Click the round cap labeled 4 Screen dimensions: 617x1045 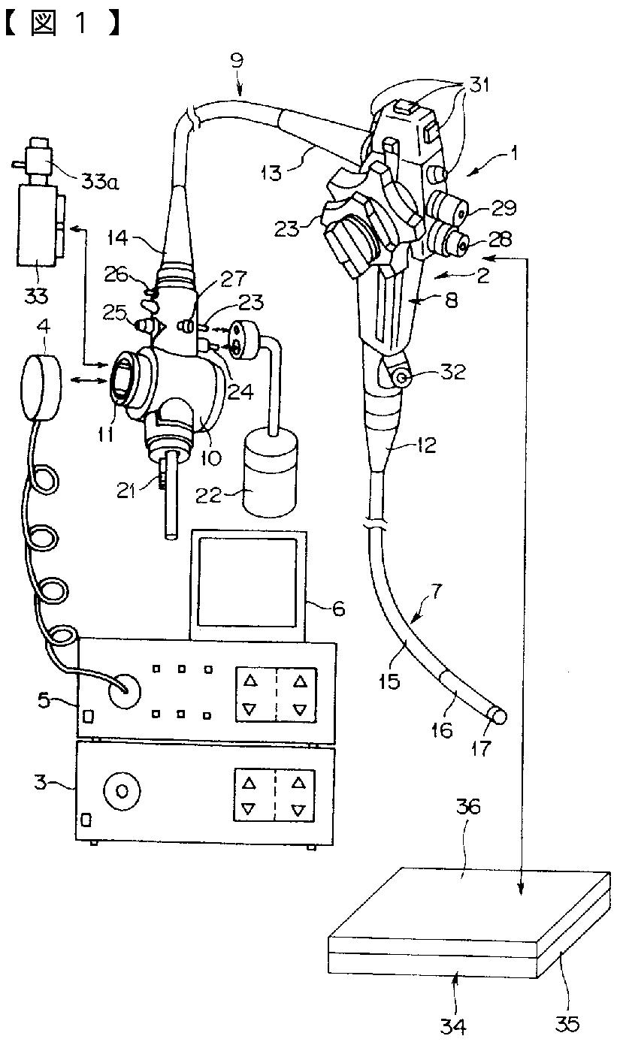41,387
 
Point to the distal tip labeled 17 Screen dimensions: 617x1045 498,716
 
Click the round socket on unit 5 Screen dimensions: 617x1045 124,691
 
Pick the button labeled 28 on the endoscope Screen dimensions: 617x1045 450,239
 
